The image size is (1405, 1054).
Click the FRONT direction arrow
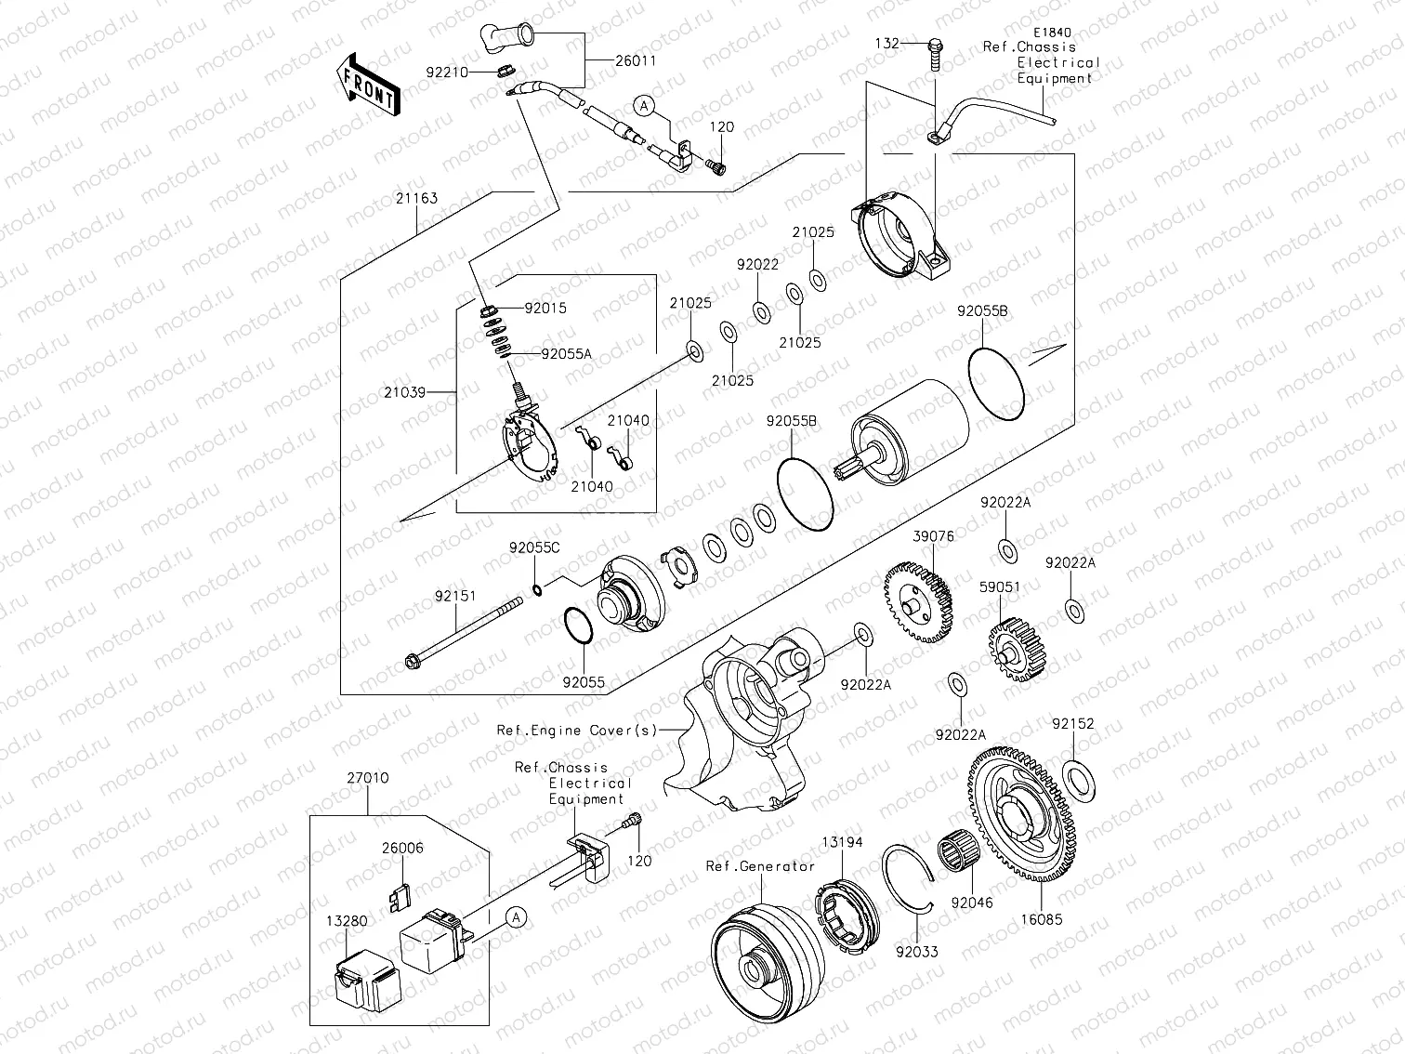click(x=368, y=84)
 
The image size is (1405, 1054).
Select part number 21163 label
click(x=415, y=199)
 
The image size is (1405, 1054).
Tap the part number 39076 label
click(x=933, y=536)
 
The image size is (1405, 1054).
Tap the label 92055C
click(x=534, y=547)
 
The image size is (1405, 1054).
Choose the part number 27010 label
click(x=368, y=778)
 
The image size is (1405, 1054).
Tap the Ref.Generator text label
click(x=760, y=866)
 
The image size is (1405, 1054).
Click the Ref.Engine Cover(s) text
click(x=576, y=730)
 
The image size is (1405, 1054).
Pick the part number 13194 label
click(x=842, y=842)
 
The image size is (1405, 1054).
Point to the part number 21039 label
click(x=405, y=392)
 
